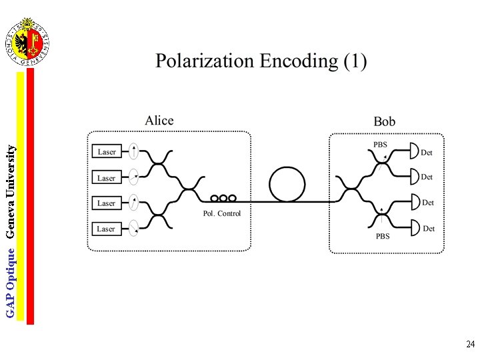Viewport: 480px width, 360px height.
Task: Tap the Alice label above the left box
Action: [159, 121]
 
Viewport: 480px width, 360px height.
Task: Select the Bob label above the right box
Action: [385, 121]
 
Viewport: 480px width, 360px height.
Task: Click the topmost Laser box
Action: [107, 152]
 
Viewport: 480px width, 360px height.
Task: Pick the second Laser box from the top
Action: [107, 178]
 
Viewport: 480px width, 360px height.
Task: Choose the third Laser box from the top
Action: [107, 203]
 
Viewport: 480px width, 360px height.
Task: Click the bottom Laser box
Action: [107, 229]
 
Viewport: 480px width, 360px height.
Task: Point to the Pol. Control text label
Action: [222, 214]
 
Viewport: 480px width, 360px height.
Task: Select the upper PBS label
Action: [380, 145]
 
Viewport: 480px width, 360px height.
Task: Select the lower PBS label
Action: [383, 237]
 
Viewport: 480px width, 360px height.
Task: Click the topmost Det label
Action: [427, 153]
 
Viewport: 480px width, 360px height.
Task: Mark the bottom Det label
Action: [429, 229]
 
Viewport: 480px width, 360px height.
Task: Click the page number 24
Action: [470, 345]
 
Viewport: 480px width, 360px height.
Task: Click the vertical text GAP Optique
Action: [10, 280]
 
